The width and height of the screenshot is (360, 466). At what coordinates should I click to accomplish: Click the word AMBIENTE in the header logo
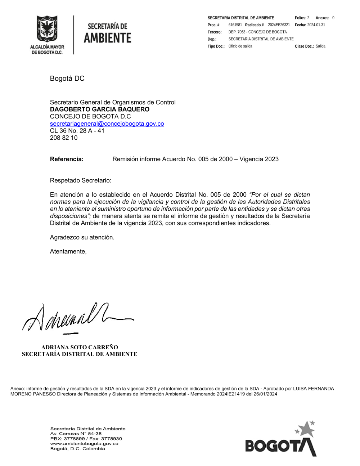(x=107, y=38)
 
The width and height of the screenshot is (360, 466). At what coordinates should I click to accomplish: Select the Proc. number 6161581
(x=235, y=25)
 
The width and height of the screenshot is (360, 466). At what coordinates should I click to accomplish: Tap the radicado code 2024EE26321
(x=279, y=25)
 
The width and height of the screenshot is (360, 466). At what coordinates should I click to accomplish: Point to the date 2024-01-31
(x=316, y=25)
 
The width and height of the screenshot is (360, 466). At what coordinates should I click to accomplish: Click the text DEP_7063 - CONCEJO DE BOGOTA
(x=257, y=32)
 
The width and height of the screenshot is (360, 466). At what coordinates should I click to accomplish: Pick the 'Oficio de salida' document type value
(x=240, y=46)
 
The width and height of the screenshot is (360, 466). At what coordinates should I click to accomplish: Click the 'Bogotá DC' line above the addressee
(x=67, y=79)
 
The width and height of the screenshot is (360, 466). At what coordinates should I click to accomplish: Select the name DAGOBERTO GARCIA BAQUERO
(x=99, y=109)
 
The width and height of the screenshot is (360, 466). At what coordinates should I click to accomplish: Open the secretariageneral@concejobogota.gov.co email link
(x=107, y=124)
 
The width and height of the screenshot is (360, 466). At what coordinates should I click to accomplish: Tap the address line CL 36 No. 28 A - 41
(x=77, y=131)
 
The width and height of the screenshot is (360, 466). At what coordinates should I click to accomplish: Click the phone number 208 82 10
(x=63, y=138)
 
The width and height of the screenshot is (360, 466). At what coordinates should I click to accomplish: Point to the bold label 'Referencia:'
(x=67, y=159)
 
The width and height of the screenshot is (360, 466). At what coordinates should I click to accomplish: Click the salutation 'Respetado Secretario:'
(x=80, y=180)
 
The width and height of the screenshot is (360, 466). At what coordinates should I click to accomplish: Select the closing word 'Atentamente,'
(x=68, y=251)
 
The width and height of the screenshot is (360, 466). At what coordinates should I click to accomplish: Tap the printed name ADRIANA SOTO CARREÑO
(x=80, y=347)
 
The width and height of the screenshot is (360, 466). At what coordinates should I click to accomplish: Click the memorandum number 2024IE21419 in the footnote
(x=231, y=394)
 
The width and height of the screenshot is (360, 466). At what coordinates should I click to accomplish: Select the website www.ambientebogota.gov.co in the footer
(x=84, y=444)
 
